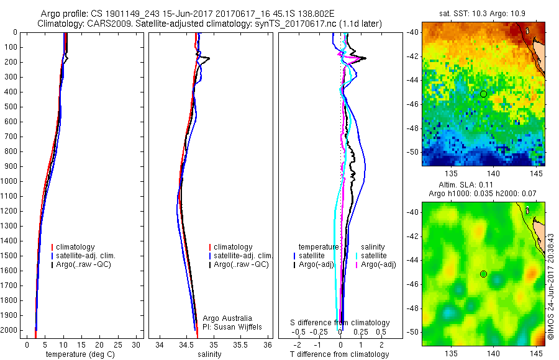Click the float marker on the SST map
click(483, 94)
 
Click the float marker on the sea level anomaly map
click(483, 274)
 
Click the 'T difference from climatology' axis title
click(339, 354)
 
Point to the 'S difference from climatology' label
click(340, 323)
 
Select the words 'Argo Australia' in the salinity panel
click(227, 318)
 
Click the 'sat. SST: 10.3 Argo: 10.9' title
click(483, 13)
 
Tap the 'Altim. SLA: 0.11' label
click(483, 186)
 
